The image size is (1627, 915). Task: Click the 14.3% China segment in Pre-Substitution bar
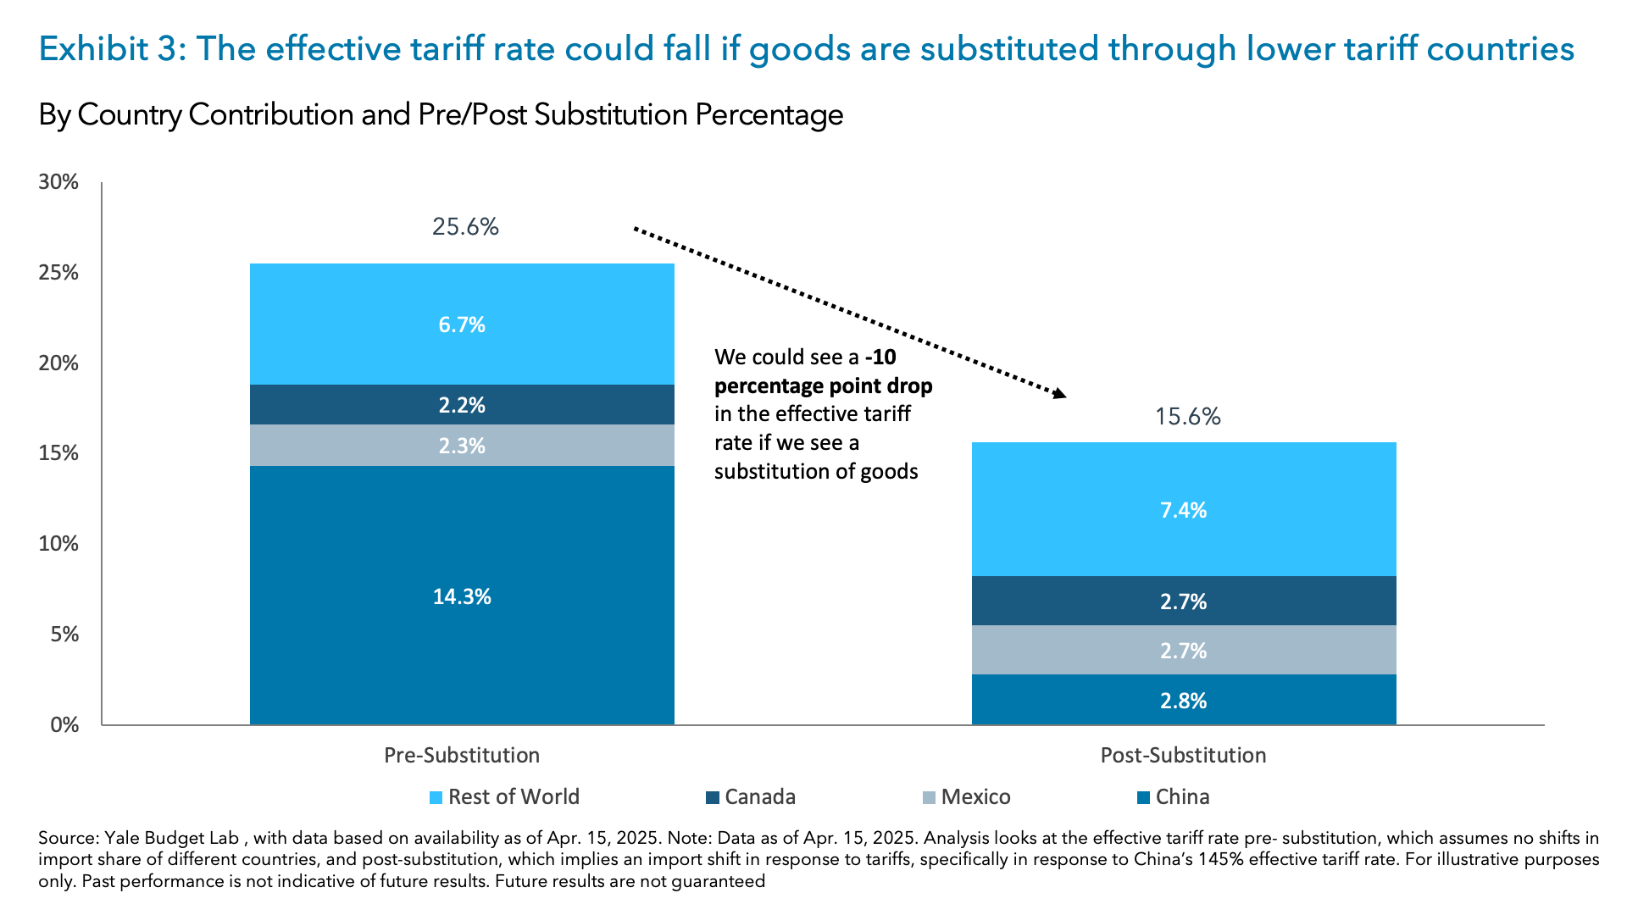[462, 596]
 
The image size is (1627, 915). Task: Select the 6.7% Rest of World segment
[462, 324]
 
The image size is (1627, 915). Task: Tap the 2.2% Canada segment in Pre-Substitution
[462, 405]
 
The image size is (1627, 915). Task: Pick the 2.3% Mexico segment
[462, 446]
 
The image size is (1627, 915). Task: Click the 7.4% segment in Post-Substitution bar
[1183, 510]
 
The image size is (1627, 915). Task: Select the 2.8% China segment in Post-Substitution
[1183, 701]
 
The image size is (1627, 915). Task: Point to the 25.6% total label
[465, 227]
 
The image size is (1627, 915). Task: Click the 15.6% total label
[1187, 417]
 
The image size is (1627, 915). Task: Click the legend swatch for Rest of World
[436, 798]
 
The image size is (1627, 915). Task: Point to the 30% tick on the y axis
[58, 182]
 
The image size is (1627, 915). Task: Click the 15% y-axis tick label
[58, 453]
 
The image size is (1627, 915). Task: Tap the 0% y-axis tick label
[64, 725]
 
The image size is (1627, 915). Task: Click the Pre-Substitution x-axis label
[462, 755]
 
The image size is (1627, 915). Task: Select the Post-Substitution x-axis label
[1183, 755]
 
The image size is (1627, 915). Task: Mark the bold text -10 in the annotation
[880, 358]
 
